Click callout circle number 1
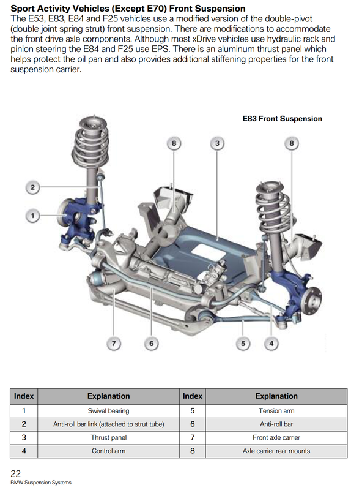32,216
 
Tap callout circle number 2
32,187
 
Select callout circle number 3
217,143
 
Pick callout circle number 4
271,344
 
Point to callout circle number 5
243,344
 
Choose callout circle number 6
152,344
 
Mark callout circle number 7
114,344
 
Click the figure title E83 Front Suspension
283,119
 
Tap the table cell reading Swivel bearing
109,411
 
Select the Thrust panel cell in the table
109,437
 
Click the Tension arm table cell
276,411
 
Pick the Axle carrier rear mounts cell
276,451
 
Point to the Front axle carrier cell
276,437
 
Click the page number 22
16,473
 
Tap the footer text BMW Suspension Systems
41,483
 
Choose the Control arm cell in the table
109,451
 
